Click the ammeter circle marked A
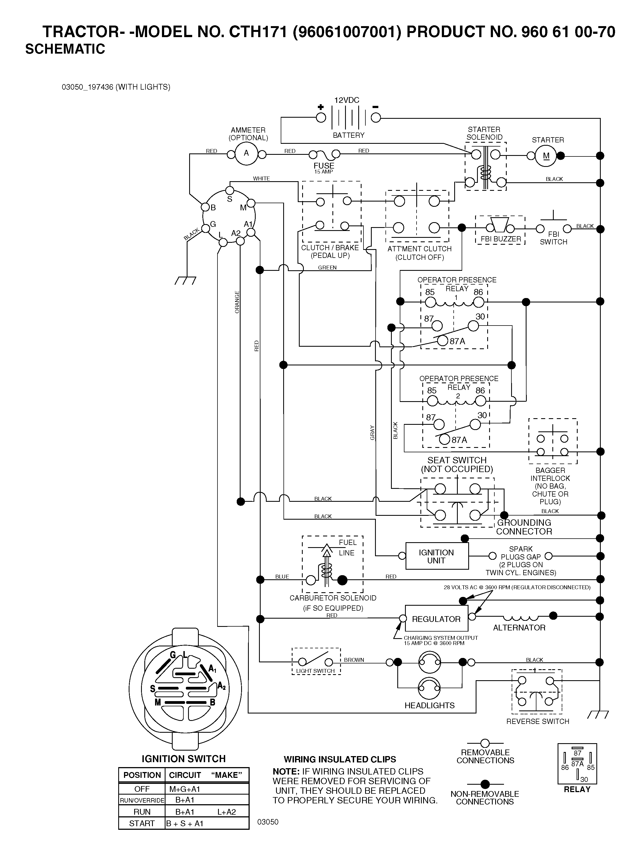[x=246, y=154]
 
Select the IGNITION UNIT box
[x=437, y=556]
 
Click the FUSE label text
[x=324, y=166]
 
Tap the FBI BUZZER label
[x=501, y=239]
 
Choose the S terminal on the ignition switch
[x=230, y=191]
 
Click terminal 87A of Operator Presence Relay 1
[x=442, y=341]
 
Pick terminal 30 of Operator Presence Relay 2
[x=475, y=425]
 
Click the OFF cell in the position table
[x=142, y=789]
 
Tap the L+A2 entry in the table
[x=226, y=812]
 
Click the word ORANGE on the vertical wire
[x=237, y=302]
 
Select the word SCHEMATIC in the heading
[x=65, y=49]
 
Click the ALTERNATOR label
[x=519, y=628]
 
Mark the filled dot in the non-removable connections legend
[x=485, y=784]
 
